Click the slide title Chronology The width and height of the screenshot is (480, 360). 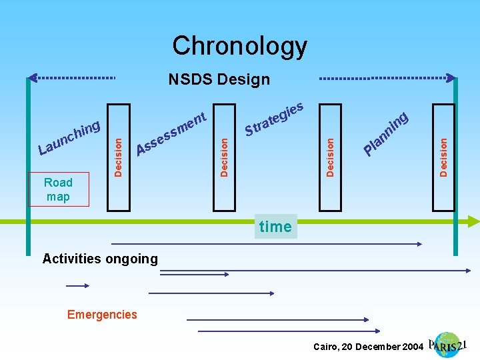239,46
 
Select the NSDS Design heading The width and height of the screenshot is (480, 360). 219,80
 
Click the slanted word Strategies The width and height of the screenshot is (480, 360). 275,118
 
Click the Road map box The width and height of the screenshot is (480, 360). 58,189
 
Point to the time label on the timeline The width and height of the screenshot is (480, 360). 275,227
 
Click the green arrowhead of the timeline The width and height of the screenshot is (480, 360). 473,221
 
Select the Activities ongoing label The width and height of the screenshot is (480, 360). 100,259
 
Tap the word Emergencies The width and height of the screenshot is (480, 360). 102,314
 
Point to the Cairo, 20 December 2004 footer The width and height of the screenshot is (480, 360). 368,347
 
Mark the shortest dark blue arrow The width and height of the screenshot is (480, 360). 77,285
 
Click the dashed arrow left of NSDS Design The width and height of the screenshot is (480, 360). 73,78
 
